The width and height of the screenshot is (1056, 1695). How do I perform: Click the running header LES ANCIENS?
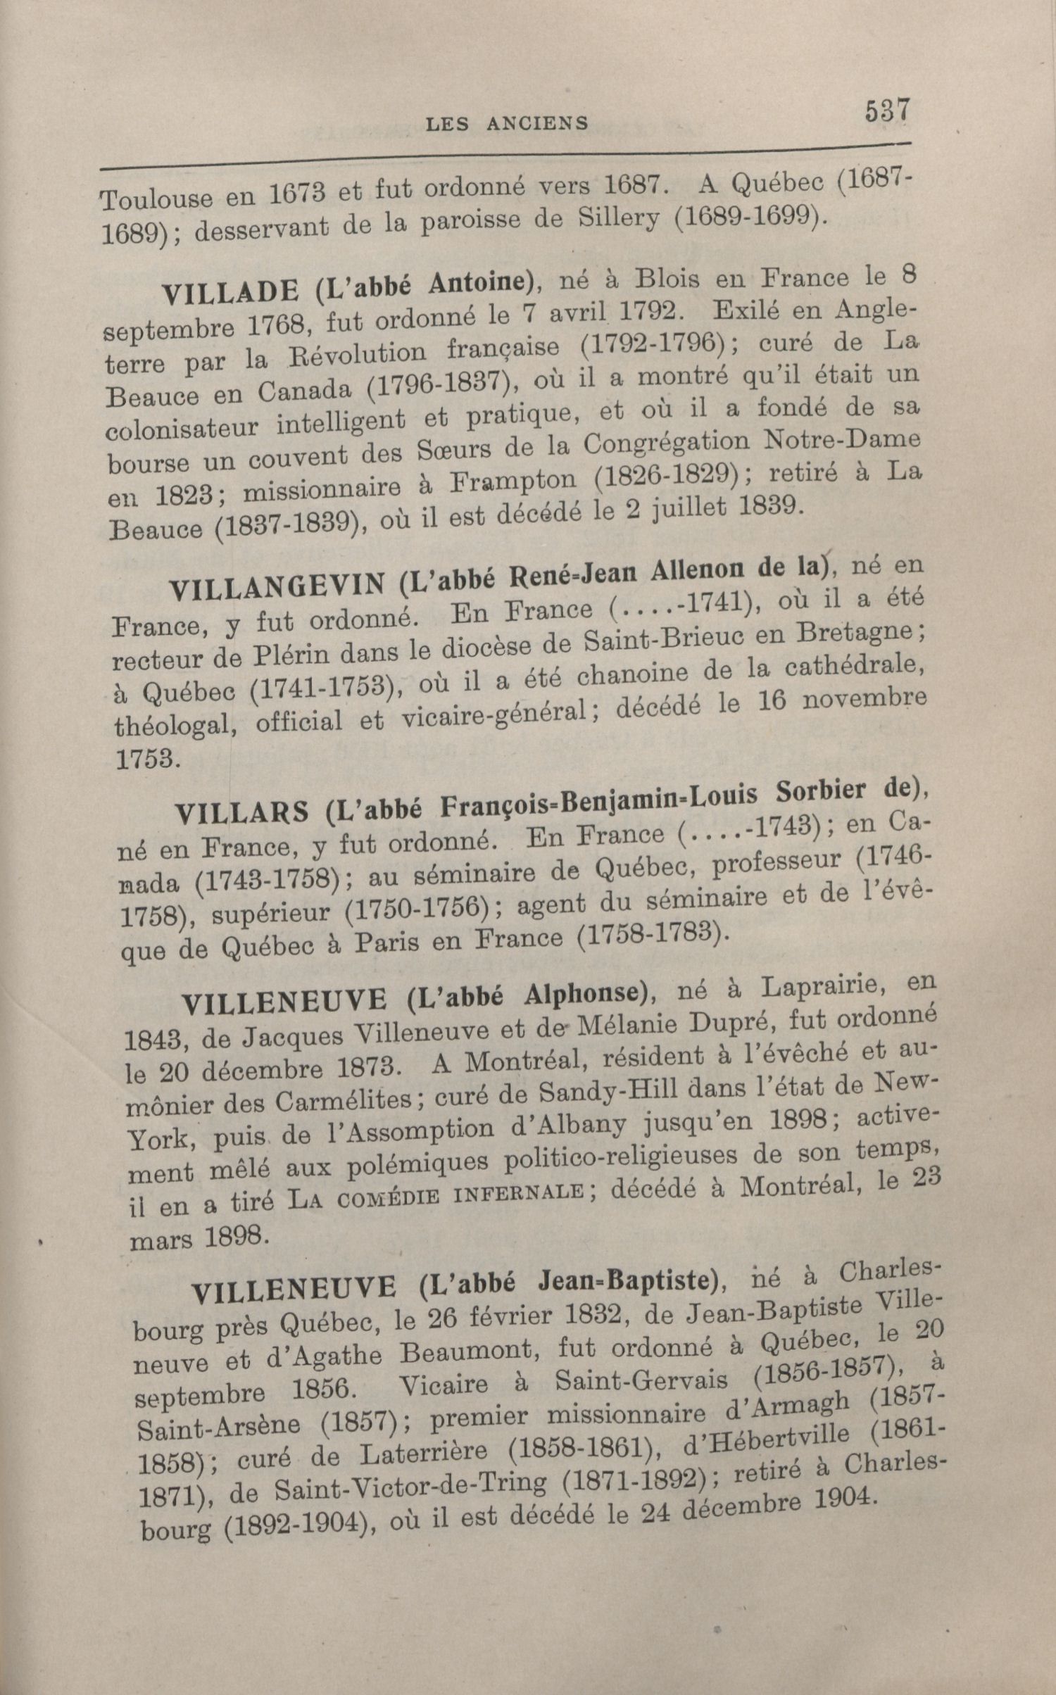coord(507,124)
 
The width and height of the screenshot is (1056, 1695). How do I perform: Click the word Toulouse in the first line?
coord(156,200)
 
